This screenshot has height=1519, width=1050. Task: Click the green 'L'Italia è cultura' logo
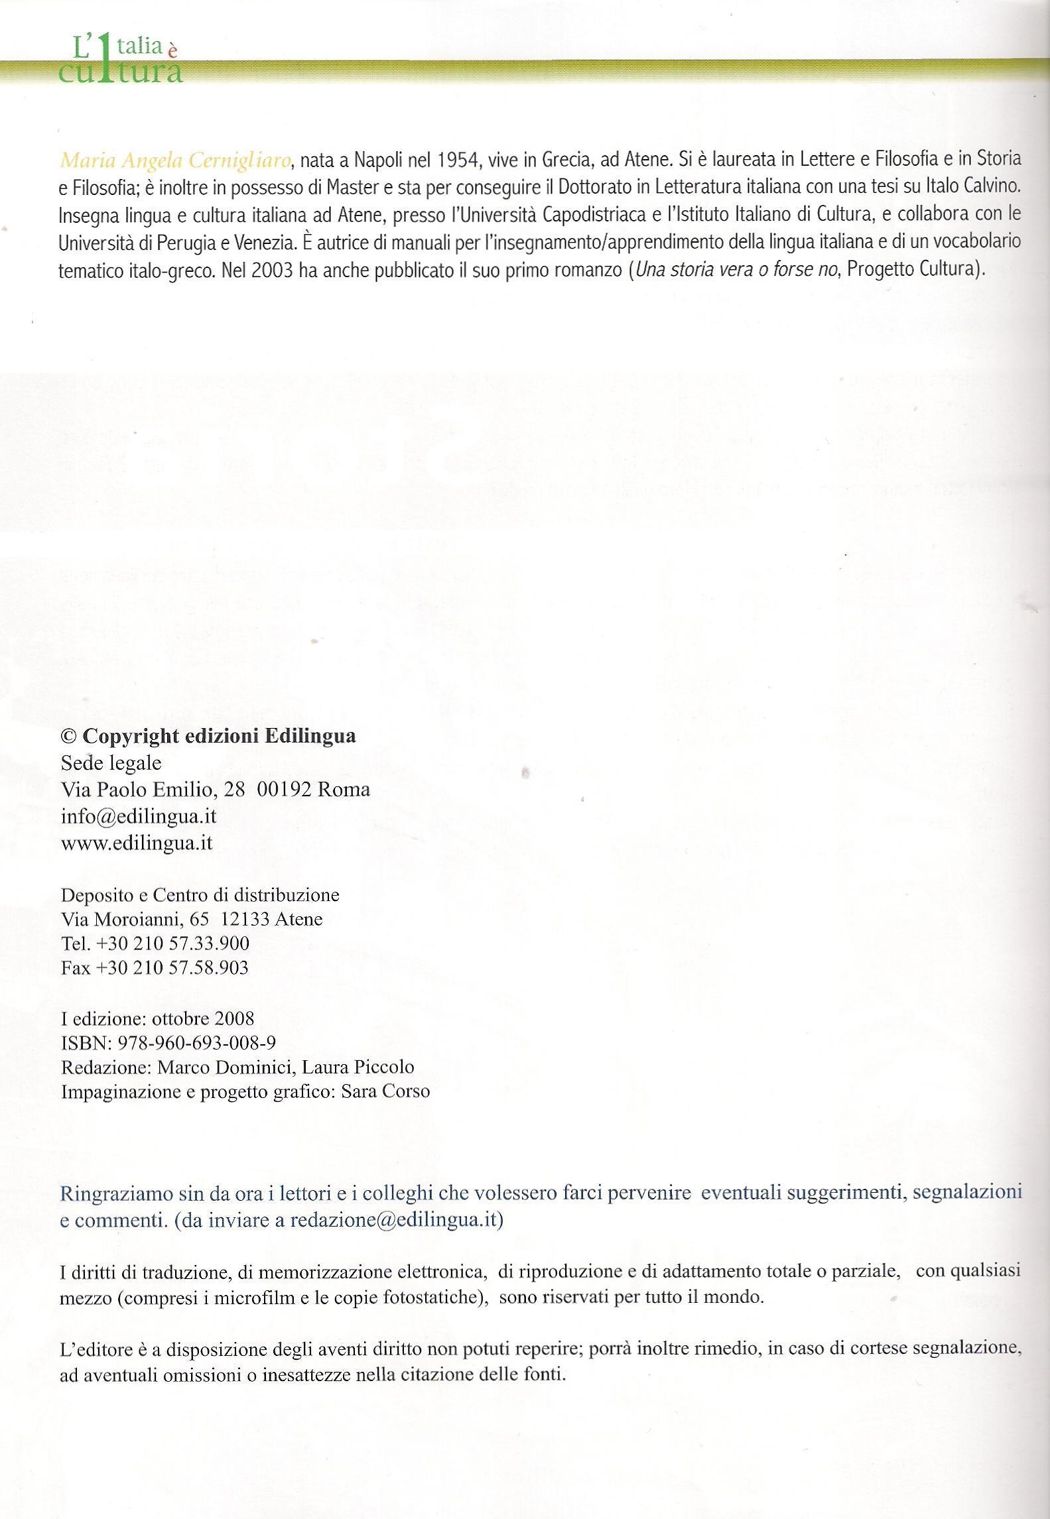point(119,60)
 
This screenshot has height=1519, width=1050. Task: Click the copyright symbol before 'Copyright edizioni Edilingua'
point(68,736)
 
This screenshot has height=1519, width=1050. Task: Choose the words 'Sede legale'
point(111,762)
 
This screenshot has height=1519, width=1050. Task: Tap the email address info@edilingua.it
point(139,816)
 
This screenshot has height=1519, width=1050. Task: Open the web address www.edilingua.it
point(137,843)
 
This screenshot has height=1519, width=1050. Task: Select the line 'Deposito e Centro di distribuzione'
point(200,895)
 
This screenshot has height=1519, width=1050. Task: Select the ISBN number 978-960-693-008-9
point(196,1042)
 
